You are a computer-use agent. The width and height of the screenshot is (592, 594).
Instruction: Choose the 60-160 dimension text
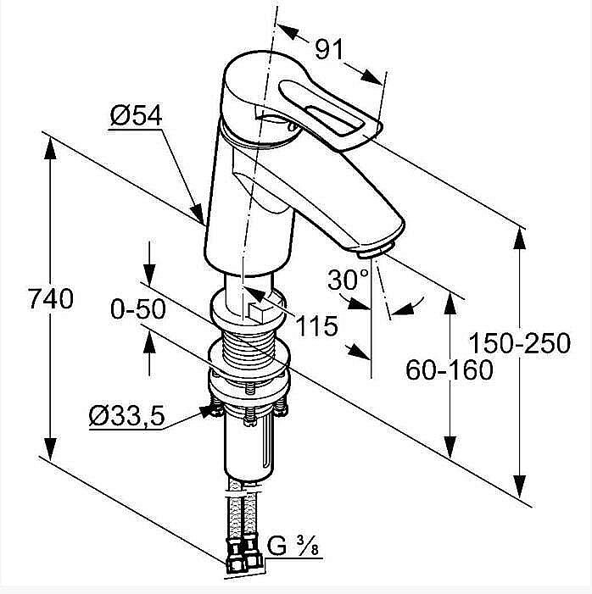point(450,369)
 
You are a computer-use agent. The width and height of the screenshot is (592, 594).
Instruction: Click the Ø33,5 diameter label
point(126,416)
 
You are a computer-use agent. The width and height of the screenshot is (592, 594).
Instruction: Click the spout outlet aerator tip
point(374,251)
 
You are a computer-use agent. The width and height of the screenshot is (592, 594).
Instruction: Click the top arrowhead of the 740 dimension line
point(50,144)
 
